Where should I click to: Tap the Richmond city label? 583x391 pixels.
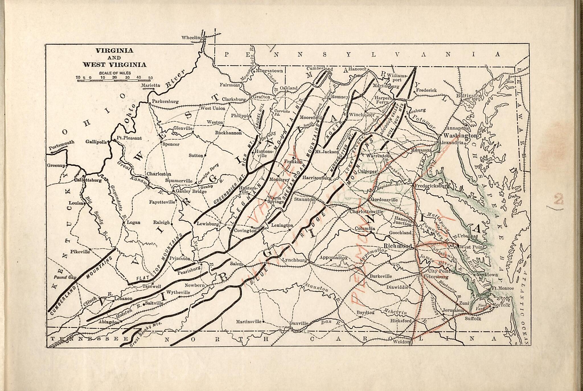pyautogui.click(x=398, y=246)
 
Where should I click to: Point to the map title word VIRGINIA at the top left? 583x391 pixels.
pyautogui.click(x=114, y=51)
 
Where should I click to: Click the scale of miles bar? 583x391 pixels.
pyautogui.click(x=114, y=81)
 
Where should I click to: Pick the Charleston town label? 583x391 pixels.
pyautogui.click(x=159, y=174)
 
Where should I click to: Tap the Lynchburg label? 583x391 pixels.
pyautogui.click(x=294, y=260)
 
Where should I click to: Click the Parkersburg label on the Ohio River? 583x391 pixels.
pyautogui.click(x=165, y=101)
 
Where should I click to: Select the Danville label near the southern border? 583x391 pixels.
pyautogui.click(x=299, y=323)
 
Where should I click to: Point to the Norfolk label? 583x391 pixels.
pyautogui.click(x=501, y=305)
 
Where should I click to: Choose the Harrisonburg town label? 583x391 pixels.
pyautogui.click(x=317, y=178)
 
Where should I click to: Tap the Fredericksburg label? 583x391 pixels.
pyautogui.click(x=432, y=186)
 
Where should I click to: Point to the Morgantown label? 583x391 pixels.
pyautogui.click(x=269, y=71)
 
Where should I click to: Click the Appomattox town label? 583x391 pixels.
pyautogui.click(x=333, y=257)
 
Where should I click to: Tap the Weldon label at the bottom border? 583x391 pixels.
pyautogui.click(x=401, y=342)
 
